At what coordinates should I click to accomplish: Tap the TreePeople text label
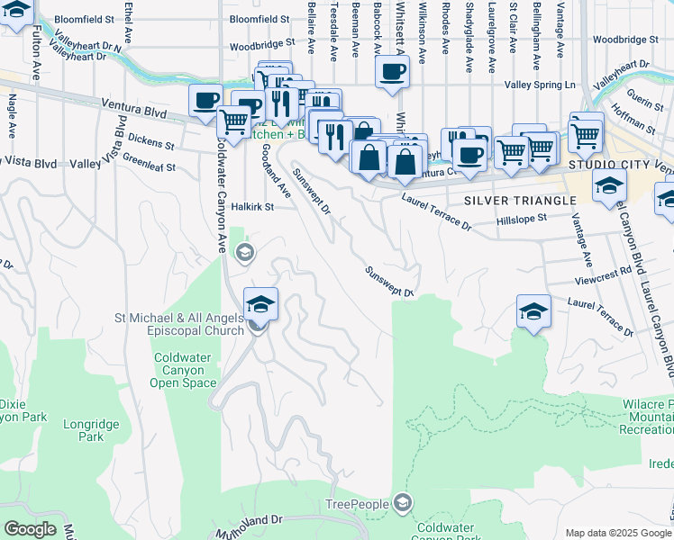[x=358, y=504]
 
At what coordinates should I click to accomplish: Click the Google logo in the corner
[x=30, y=528]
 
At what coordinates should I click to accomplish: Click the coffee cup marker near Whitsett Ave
[x=392, y=72]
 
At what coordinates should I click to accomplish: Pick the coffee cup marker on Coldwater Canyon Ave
[x=206, y=100]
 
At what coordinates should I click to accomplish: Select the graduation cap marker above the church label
[x=260, y=304]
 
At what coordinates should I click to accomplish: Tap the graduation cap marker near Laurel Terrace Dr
[x=533, y=311]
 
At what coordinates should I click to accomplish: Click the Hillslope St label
[x=522, y=219]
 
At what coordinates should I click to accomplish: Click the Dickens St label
[x=150, y=142]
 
